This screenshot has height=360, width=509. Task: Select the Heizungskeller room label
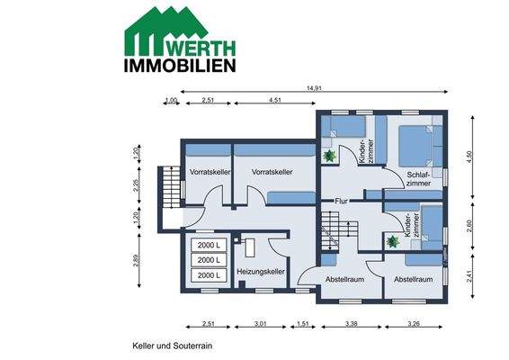[x=261, y=271]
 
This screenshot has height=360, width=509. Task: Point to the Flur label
[x=342, y=201]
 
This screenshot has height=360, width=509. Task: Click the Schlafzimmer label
[x=418, y=177]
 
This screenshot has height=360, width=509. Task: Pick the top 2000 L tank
[x=208, y=245]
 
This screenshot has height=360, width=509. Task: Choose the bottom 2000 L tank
[x=208, y=275]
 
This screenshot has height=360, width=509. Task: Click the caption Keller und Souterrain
[x=171, y=345]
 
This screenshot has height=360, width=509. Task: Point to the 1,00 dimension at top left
[x=171, y=102]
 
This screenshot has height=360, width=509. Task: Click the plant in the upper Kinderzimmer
[x=330, y=156]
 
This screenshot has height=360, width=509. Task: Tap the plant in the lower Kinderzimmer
[x=391, y=241]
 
